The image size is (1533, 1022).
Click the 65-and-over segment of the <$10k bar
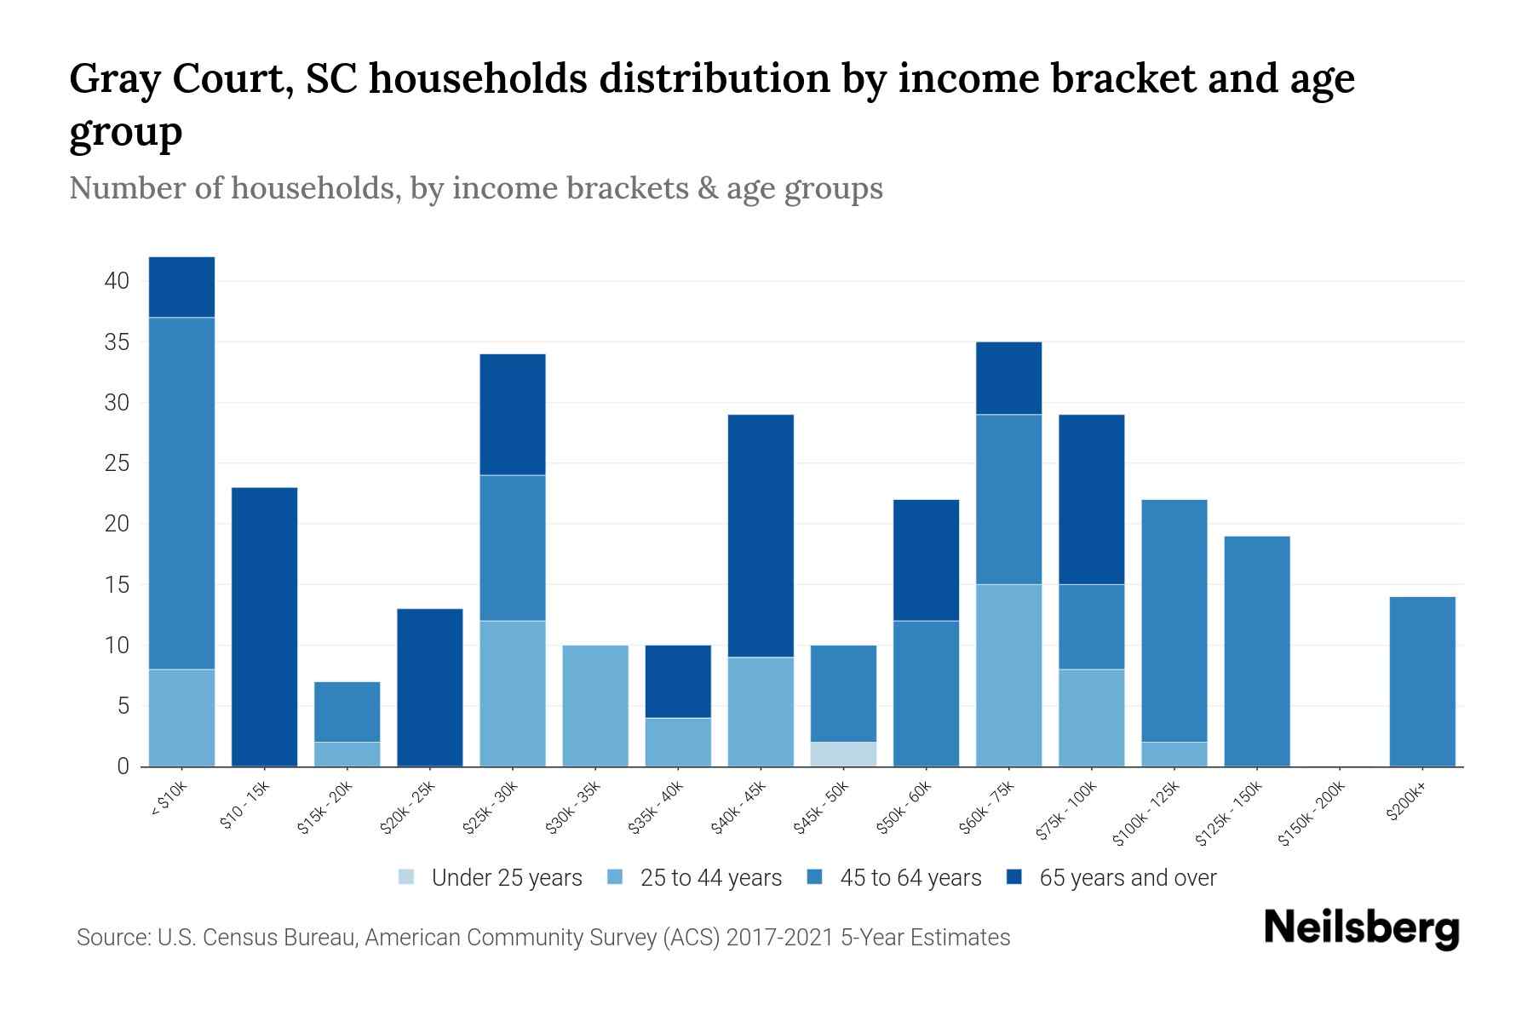point(181,287)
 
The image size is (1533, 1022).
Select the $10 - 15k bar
point(264,627)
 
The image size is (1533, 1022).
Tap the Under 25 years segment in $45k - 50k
point(843,755)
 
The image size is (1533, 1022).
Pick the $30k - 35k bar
point(595,706)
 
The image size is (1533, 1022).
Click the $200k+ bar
point(1421,681)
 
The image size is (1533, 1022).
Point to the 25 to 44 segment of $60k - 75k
point(1008,675)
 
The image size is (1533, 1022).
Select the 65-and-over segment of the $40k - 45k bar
point(761,536)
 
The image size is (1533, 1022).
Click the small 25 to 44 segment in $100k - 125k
point(1174,755)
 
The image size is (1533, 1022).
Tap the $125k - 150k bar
point(1256,652)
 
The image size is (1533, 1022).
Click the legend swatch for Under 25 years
point(407,877)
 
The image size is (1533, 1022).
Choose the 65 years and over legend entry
point(1127,878)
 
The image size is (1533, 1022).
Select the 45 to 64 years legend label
point(910,878)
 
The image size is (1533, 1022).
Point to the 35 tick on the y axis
point(117,342)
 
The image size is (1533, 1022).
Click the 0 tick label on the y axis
point(123,766)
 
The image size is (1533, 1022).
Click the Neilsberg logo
point(1361,928)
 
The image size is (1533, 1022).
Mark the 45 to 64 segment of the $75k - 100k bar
point(1091,627)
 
